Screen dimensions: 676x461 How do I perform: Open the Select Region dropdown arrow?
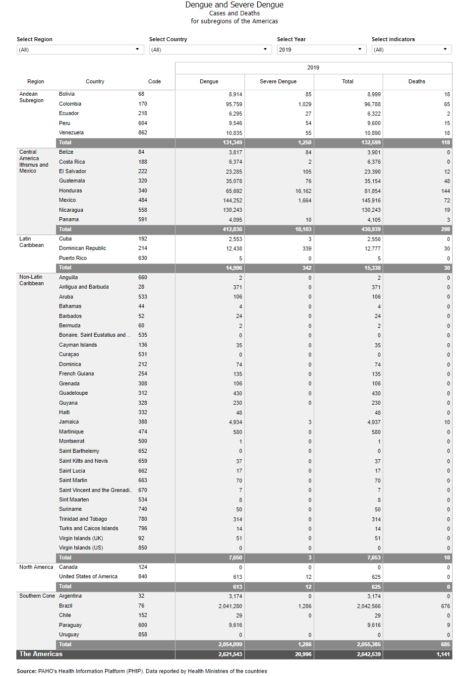137,50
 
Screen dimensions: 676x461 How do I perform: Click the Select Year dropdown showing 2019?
321,50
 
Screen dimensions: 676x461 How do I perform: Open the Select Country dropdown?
210,50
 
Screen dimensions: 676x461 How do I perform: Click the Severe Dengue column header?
278,81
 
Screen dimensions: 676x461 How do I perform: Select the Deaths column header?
416,81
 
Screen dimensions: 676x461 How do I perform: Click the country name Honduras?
70,190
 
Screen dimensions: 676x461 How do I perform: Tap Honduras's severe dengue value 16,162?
303,191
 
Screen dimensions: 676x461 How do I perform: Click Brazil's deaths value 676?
445,606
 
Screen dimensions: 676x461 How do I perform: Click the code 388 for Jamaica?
143,422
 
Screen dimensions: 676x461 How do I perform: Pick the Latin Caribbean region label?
31,242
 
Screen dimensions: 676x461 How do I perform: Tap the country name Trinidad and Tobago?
83,519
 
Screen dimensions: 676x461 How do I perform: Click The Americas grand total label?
41,654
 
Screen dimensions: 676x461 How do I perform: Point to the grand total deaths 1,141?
443,655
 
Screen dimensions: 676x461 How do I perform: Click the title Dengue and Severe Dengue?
234,5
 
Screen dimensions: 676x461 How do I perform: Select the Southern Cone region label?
37,596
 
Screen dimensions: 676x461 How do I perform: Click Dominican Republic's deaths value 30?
447,248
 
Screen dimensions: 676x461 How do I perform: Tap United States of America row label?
88,577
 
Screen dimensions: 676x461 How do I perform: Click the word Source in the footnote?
26,671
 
